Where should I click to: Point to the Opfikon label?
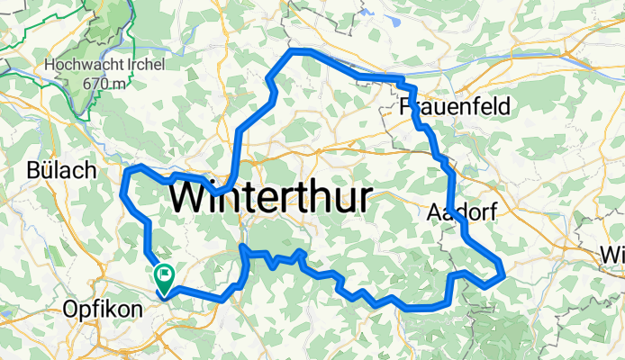pyautogui.click(x=103, y=310)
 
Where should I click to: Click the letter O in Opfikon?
pyautogui.click(x=70, y=310)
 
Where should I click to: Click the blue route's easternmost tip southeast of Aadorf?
pyautogui.click(x=502, y=273)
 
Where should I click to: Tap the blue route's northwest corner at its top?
pyautogui.click(x=290, y=53)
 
